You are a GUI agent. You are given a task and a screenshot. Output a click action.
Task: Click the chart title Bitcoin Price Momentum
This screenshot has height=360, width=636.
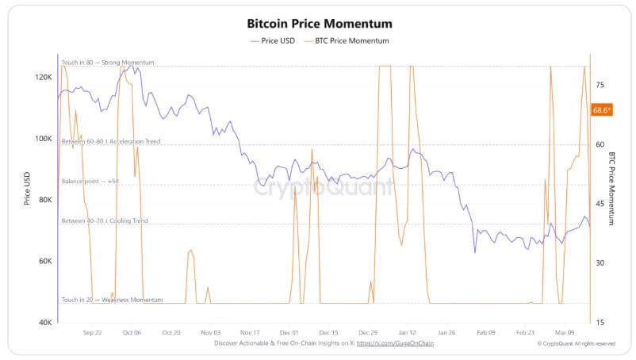pyautogui.click(x=320, y=24)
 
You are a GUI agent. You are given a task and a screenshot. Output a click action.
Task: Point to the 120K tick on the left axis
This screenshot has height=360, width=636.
pyautogui.click(x=44, y=78)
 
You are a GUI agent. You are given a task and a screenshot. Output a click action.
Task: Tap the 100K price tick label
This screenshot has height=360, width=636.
pyautogui.click(x=44, y=139)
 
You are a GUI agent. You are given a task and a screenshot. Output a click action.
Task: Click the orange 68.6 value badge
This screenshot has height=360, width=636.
pyautogui.click(x=602, y=110)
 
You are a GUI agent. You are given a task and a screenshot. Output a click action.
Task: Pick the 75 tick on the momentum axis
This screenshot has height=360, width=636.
pyautogui.click(x=600, y=85)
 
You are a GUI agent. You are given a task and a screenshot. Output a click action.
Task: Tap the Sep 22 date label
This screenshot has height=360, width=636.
pyautogui.click(x=93, y=333)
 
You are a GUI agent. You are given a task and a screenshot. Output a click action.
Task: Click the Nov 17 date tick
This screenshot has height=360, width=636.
pyautogui.click(x=250, y=333)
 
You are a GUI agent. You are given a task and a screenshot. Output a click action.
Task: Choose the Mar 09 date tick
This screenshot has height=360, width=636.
pyautogui.click(x=565, y=333)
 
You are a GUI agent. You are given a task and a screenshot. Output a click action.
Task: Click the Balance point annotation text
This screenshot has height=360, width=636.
pyautogui.click(x=90, y=182)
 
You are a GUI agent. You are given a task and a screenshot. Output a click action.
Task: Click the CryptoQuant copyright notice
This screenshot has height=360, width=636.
pyautogui.click(x=577, y=343)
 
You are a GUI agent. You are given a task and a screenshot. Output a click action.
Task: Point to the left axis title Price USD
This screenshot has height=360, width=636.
pyautogui.click(x=27, y=190)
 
